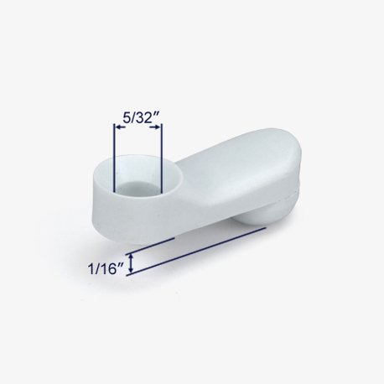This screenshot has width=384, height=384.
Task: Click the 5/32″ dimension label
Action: (139, 118)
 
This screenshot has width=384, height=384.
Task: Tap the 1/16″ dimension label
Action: (106, 269)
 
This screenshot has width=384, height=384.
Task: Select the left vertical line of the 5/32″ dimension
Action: (114, 158)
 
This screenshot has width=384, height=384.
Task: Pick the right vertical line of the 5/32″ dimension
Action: (162, 158)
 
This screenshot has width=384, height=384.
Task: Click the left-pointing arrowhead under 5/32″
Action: (120, 127)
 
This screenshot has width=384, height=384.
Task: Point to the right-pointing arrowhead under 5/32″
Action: (155, 127)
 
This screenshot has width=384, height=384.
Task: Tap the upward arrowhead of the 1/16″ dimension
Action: (131, 257)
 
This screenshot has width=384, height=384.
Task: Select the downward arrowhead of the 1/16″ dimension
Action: (131, 269)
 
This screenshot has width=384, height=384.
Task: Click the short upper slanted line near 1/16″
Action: (150, 246)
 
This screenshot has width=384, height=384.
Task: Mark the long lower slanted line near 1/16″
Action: (196, 252)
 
